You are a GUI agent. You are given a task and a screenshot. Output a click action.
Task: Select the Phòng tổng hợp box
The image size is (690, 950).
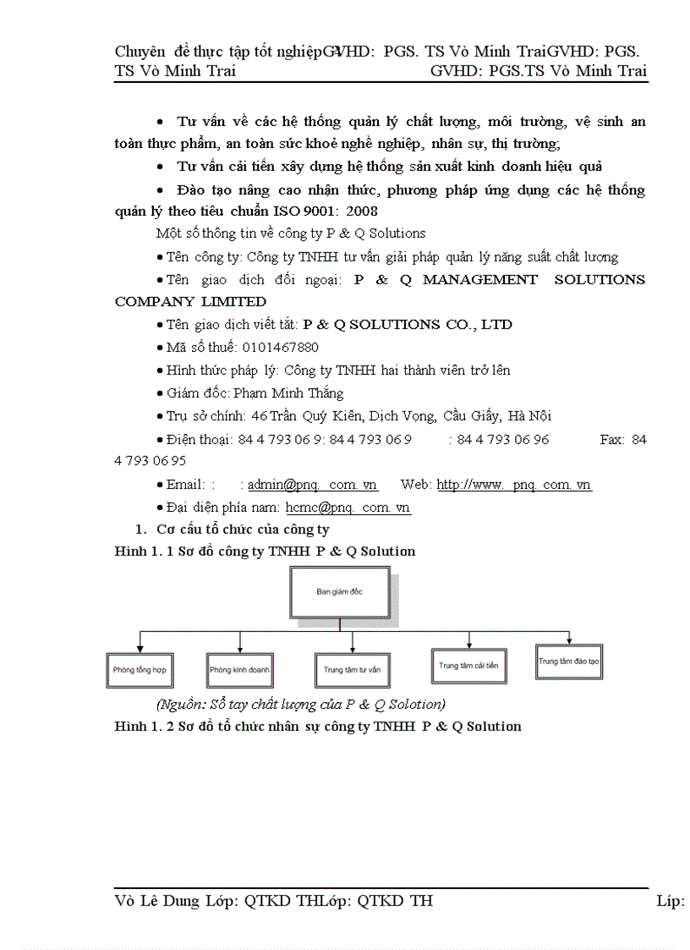[140, 669]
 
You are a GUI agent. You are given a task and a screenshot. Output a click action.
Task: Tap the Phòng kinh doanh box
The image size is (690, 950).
[239, 669]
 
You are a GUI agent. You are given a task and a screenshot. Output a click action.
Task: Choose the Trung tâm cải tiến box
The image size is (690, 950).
[468, 665]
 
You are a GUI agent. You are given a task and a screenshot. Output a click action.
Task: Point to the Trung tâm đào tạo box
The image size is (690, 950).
[568, 662]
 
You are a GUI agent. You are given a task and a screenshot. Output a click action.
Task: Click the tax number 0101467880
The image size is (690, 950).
[280, 347]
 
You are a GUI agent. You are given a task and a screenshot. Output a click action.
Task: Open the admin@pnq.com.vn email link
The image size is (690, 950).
[312, 485]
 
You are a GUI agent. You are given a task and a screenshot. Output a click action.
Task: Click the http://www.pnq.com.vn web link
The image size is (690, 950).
[513, 485]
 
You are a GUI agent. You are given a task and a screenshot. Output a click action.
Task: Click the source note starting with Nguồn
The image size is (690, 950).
[301, 704]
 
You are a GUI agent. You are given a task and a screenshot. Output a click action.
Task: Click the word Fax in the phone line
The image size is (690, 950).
[611, 440]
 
